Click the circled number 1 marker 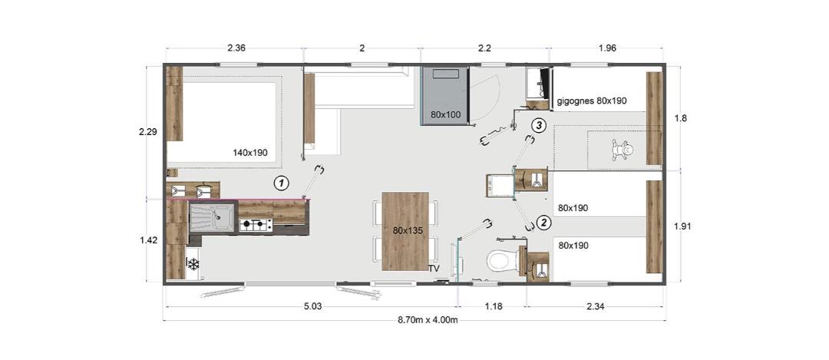(281, 183)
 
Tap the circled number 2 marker (543, 223)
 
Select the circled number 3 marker (537, 126)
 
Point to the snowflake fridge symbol (193, 263)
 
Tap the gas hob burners (256, 226)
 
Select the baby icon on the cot (623, 150)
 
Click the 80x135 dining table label (405, 230)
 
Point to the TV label (434, 269)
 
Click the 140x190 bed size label (250, 153)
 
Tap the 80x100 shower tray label (446, 114)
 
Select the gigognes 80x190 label (592, 101)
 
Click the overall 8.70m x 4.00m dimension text (428, 321)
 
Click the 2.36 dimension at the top (236, 48)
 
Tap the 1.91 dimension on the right (683, 226)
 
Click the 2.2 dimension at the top (485, 48)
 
